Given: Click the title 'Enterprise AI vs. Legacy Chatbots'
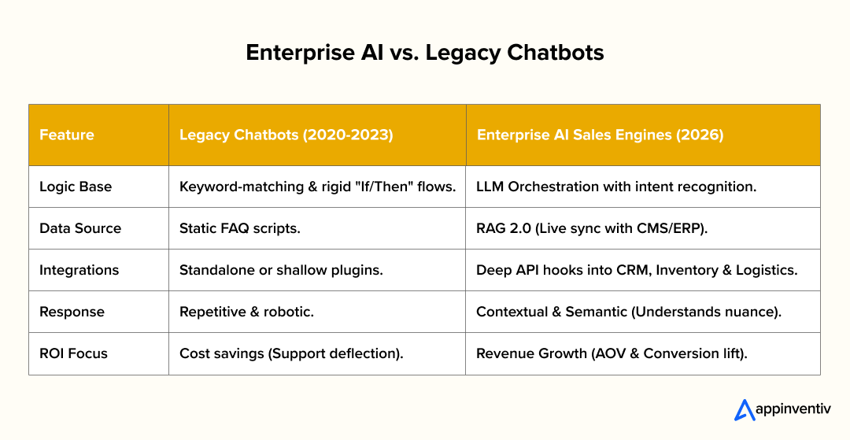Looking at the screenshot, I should coord(424,53).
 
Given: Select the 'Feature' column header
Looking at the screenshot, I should coord(67,135).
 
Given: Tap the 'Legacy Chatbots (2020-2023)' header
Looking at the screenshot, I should coord(286,135).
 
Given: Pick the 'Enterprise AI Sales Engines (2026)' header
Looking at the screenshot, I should coord(600,135).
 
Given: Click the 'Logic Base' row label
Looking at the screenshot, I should coord(76,187).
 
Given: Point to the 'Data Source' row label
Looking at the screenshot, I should coord(80,228).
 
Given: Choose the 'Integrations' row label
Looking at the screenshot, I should coord(79,270).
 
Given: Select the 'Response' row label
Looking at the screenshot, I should coord(71,312).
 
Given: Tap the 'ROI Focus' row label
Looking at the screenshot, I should coord(74,353).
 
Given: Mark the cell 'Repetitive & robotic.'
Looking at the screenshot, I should coord(246,312).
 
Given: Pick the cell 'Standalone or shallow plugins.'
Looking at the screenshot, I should coord(281,270).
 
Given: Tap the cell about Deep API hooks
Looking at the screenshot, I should coord(637,270).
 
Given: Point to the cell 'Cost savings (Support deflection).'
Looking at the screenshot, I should coord(291,353).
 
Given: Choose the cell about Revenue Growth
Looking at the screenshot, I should coord(612,353).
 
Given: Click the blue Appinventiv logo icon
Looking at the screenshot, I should coord(744,410).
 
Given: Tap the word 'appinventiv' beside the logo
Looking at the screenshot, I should coord(794,411).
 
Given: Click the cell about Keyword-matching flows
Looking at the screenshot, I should coord(317,187).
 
